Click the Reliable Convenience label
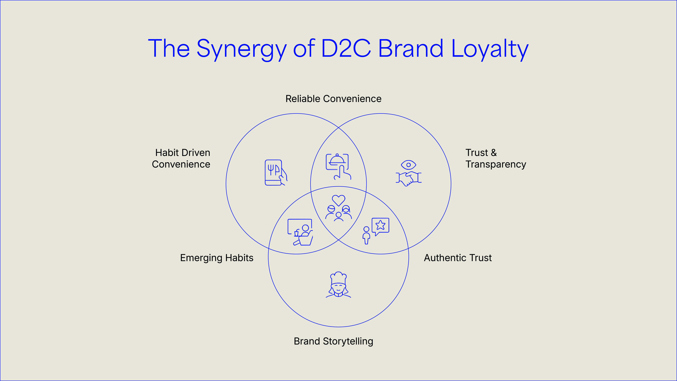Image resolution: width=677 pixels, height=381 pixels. pyautogui.click(x=333, y=99)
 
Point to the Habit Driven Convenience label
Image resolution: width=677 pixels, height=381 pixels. pyautogui.click(x=181, y=158)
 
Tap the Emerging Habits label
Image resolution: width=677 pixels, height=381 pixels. pyautogui.click(x=217, y=258)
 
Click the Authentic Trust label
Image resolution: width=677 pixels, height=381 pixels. pyautogui.click(x=458, y=258)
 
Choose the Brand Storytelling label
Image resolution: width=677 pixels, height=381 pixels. pyautogui.click(x=333, y=341)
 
